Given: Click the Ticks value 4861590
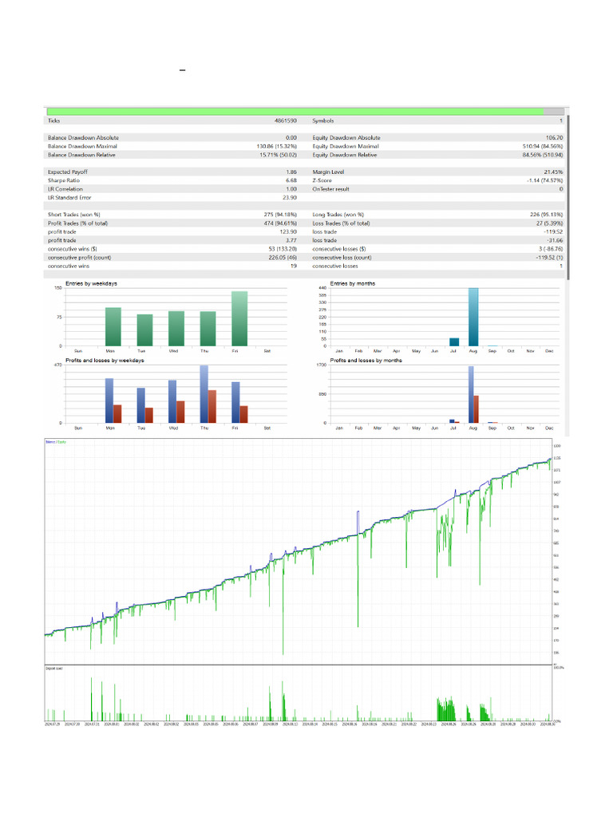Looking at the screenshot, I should (285, 120).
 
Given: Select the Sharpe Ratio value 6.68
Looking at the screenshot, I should (291, 180).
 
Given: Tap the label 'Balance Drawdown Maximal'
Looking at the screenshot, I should (82, 146).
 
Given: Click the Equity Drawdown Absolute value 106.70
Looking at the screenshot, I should (551, 138).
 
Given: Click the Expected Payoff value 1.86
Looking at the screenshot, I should (291, 172).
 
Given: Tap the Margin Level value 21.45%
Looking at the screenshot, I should (553, 172).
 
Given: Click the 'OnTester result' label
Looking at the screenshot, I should (331, 189).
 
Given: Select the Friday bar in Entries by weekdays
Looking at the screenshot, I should (239, 318).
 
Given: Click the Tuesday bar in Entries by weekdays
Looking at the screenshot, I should (144, 330).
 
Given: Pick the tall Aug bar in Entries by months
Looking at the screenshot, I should (473, 317).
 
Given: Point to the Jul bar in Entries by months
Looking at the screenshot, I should (454, 341).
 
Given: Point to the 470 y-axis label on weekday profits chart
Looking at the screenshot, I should (57, 365).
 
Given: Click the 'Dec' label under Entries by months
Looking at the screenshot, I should (549, 351).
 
